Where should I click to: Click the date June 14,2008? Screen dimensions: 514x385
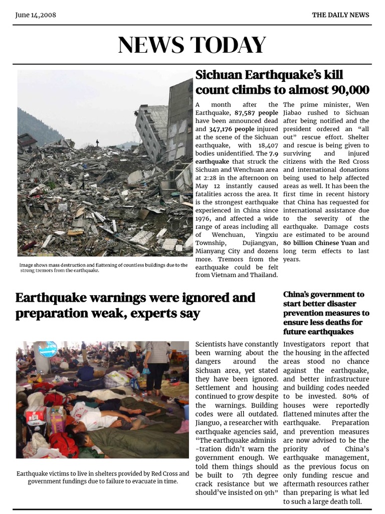coord(36,15)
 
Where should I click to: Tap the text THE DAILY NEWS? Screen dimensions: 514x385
coord(340,15)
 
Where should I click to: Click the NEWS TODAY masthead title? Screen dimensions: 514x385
coord(192,45)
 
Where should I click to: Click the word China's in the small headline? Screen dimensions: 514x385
coord(299,295)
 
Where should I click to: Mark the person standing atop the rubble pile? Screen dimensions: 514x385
coord(97,143)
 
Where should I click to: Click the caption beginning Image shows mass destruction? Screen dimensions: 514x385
coord(103,268)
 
